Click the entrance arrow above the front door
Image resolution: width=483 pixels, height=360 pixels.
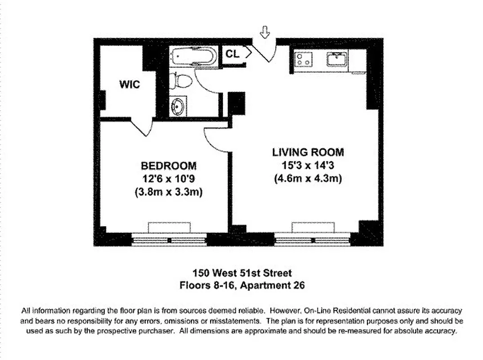(265, 32)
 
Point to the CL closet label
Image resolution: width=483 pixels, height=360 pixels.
(233, 54)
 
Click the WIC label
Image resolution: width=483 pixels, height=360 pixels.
(130, 84)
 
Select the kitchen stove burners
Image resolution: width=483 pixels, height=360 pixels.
(304, 59)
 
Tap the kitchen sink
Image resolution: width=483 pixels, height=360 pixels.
(337, 59)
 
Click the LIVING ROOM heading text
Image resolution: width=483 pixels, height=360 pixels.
(308, 152)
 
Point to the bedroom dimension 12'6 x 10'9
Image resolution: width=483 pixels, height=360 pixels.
(169, 179)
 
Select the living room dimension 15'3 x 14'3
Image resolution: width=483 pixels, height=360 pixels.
(308, 165)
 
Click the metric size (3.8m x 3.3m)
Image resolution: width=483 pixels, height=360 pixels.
(169, 192)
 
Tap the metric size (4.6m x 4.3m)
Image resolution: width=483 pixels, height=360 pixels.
(308, 179)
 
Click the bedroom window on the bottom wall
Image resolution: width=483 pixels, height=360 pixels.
(170, 238)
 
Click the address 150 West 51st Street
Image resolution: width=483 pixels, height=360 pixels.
(242, 273)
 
